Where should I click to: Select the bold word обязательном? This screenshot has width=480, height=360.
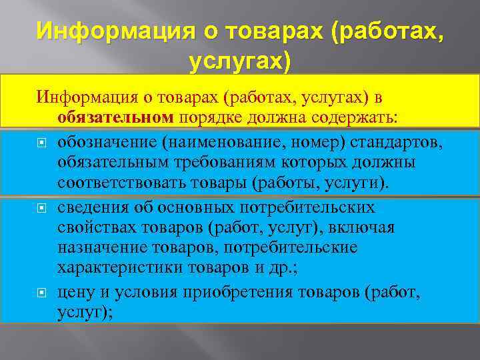click(x=115, y=117)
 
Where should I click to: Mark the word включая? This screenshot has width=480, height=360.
click(x=366, y=228)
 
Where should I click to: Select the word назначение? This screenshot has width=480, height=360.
click(x=99, y=248)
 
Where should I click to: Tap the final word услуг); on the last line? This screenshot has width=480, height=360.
click(x=85, y=311)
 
